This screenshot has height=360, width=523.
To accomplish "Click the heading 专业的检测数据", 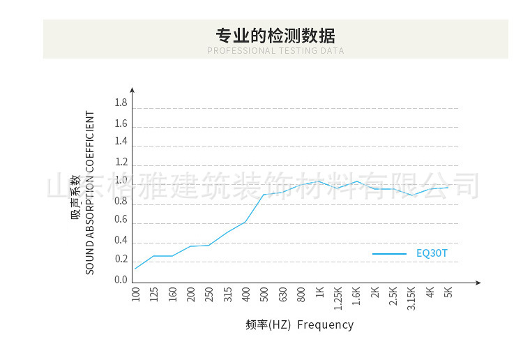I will (x=275, y=35).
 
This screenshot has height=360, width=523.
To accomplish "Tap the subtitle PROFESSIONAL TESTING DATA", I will (x=275, y=51).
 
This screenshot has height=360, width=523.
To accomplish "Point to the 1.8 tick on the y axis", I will (x=121, y=103).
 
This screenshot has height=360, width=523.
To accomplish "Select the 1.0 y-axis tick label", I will (x=121, y=181).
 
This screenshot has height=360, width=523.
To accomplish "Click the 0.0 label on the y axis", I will (x=121, y=280).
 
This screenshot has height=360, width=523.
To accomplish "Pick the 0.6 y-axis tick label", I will (x=121, y=220).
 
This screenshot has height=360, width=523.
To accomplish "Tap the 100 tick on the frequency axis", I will (x=135, y=294).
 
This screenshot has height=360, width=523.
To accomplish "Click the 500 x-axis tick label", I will (x=264, y=294).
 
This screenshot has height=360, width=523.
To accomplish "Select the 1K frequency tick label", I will (x=319, y=293).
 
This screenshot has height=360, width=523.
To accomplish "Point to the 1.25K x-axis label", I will (x=338, y=298).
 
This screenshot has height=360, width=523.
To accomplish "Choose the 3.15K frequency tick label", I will (x=411, y=298).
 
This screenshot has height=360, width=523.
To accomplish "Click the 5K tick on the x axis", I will (x=448, y=293).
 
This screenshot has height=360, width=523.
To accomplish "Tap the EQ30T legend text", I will (x=432, y=254).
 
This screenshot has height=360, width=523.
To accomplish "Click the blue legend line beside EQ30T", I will (x=389, y=254).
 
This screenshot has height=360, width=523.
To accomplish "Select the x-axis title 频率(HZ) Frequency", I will (x=300, y=325).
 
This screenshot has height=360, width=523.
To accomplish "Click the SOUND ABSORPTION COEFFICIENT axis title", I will (x=90, y=192).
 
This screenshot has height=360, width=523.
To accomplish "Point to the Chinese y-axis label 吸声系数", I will (x=75, y=197).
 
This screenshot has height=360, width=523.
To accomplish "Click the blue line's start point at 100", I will (x=135, y=269).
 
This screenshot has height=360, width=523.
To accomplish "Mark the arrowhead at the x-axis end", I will (x=478, y=283).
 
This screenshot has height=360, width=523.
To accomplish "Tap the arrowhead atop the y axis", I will (x=132, y=90).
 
